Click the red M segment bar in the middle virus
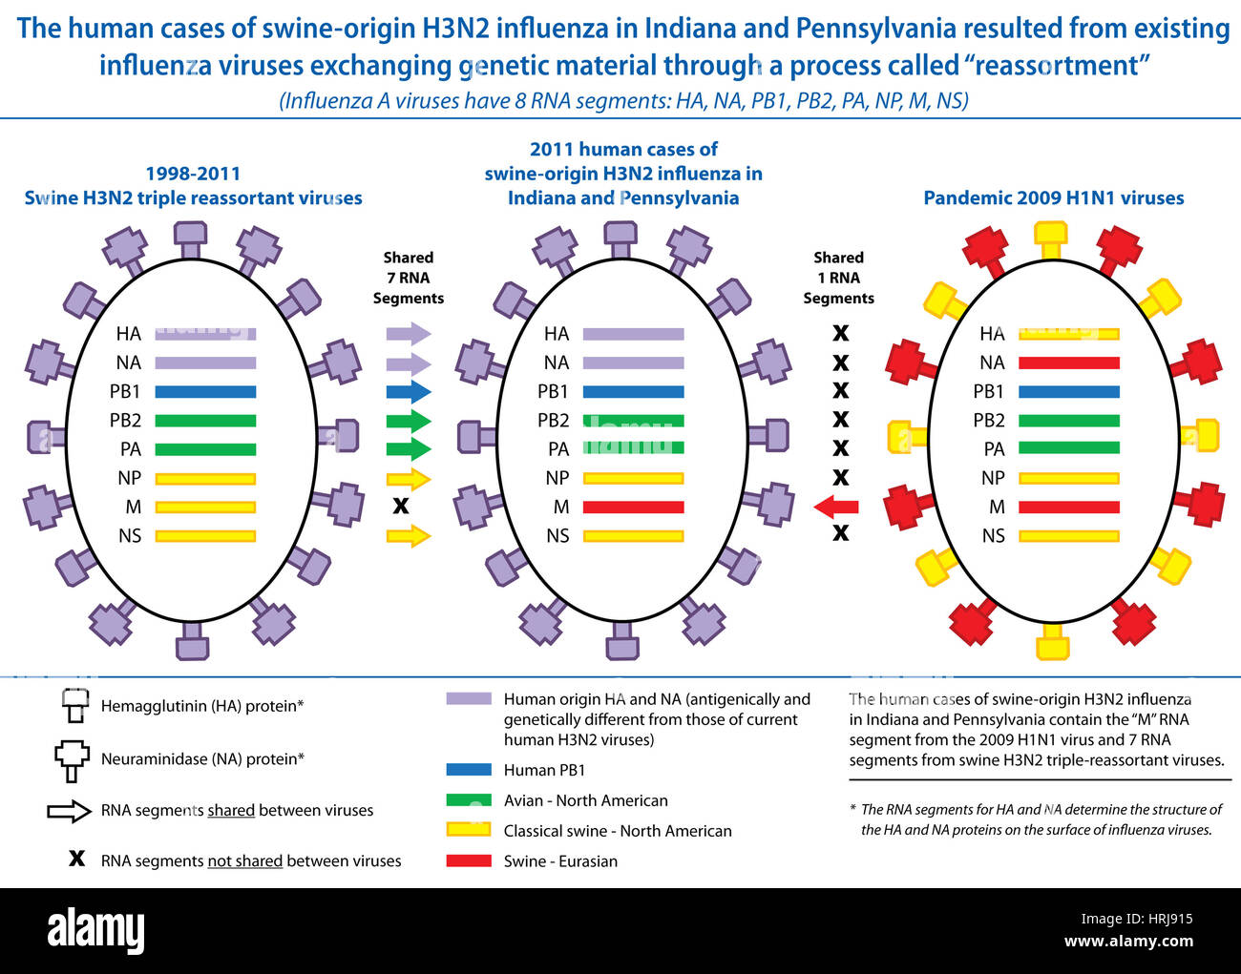pyautogui.click(x=633, y=508)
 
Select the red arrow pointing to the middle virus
pyautogui.click(x=836, y=508)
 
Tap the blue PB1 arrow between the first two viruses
pyautogui.click(x=409, y=392)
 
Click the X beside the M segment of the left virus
pyautogui.click(x=401, y=507)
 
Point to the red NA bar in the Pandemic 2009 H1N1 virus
pyautogui.click(x=1068, y=363)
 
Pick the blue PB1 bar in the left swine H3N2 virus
pyautogui.click(x=205, y=392)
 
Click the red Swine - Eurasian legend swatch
pyautogui.click(x=469, y=860)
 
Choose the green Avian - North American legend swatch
pyautogui.click(x=469, y=800)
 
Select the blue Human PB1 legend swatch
pyautogui.click(x=469, y=770)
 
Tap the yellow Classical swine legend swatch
pyautogui.click(x=469, y=830)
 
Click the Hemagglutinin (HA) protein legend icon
pyautogui.click(x=75, y=707)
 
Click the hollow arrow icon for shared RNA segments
pyautogui.click(x=69, y=811)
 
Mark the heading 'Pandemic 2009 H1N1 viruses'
pyautogui.click(x=1053, y=198)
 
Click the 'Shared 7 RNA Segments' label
pyautogui.click(x=409, y=278)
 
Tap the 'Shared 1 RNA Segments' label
pyautogui.click(x=838, y=278)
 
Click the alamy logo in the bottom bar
pyautogui.click(x=95, y=930)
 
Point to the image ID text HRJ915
pyautogui.click(x=1158, y=920)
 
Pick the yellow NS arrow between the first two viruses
pyautogui.click(x=409, y=536)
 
